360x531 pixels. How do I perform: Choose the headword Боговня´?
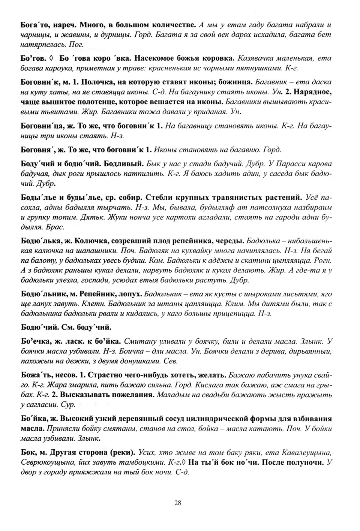(38, 150)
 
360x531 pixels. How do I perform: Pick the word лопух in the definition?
(130, 294)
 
